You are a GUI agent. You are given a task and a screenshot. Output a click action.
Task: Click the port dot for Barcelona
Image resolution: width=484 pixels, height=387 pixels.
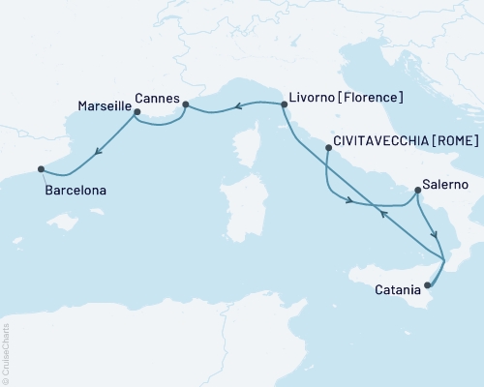point(41,169)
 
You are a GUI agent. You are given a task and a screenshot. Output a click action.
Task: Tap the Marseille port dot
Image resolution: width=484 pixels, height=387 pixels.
point(136,112)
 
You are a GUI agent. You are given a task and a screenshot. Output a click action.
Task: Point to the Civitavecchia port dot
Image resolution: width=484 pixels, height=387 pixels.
point(329,149)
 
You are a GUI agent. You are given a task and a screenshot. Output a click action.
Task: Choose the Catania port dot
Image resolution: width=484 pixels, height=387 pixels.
point(427,284)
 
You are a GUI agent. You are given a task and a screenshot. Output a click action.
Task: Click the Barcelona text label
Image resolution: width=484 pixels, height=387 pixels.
point(76,192)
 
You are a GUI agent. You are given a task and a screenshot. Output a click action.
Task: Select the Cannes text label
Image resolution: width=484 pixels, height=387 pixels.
point(156,97)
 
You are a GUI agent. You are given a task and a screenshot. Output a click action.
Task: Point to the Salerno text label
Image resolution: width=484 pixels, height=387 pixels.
point(446,184)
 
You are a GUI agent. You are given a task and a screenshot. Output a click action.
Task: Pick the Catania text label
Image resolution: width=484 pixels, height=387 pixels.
point(398,288)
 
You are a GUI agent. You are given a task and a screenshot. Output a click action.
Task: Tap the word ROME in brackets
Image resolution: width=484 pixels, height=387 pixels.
point(453,140)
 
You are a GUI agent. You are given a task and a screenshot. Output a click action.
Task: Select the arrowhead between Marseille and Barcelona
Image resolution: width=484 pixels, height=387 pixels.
point(99,149)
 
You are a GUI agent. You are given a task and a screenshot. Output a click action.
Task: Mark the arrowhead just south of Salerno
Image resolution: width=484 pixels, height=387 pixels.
point(435,235)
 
